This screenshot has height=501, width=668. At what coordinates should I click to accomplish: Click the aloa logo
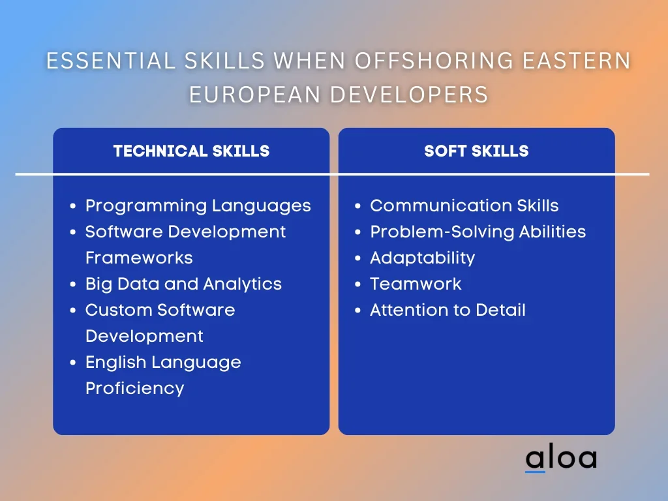point(561,459)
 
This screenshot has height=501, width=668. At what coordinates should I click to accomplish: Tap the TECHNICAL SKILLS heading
point(191,151)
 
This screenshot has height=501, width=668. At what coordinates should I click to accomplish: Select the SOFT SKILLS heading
point(476,151)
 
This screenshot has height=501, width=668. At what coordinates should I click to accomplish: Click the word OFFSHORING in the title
point(434,61)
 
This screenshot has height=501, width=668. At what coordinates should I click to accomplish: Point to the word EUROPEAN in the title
point(255,94)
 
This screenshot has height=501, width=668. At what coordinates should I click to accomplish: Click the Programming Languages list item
point(198,206)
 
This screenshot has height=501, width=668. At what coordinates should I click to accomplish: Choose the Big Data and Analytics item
point(183,284)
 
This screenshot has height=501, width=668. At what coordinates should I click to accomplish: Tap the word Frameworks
point(139,258)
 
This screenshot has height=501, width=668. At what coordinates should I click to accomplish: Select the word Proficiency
point(134,389)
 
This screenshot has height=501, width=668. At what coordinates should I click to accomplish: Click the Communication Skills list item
point(464,205)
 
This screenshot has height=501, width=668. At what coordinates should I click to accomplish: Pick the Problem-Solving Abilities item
point(478,232)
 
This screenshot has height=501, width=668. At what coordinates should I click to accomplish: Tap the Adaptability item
point(422,258)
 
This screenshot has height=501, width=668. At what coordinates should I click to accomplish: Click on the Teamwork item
point(416,284)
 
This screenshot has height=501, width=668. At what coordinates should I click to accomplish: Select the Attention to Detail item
point(448,310)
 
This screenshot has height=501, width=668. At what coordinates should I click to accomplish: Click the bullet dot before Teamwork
point(358,284)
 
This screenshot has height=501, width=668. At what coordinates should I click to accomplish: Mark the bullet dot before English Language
point(73,363)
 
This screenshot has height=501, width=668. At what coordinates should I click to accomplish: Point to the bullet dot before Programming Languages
point(73,206)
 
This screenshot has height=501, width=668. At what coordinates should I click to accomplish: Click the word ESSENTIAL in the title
point(110,61)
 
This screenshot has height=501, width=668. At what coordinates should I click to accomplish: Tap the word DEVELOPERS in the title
point(410,94)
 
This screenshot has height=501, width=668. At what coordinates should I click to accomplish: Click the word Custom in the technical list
point(113,310)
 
